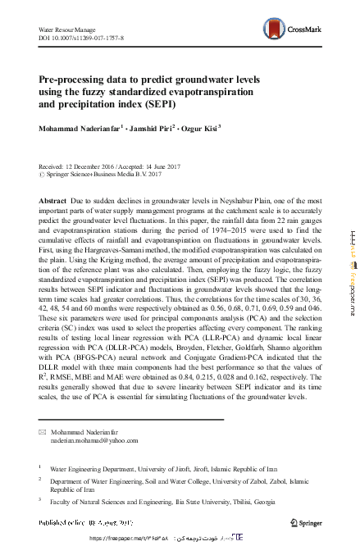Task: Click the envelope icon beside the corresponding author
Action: (43, 431)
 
